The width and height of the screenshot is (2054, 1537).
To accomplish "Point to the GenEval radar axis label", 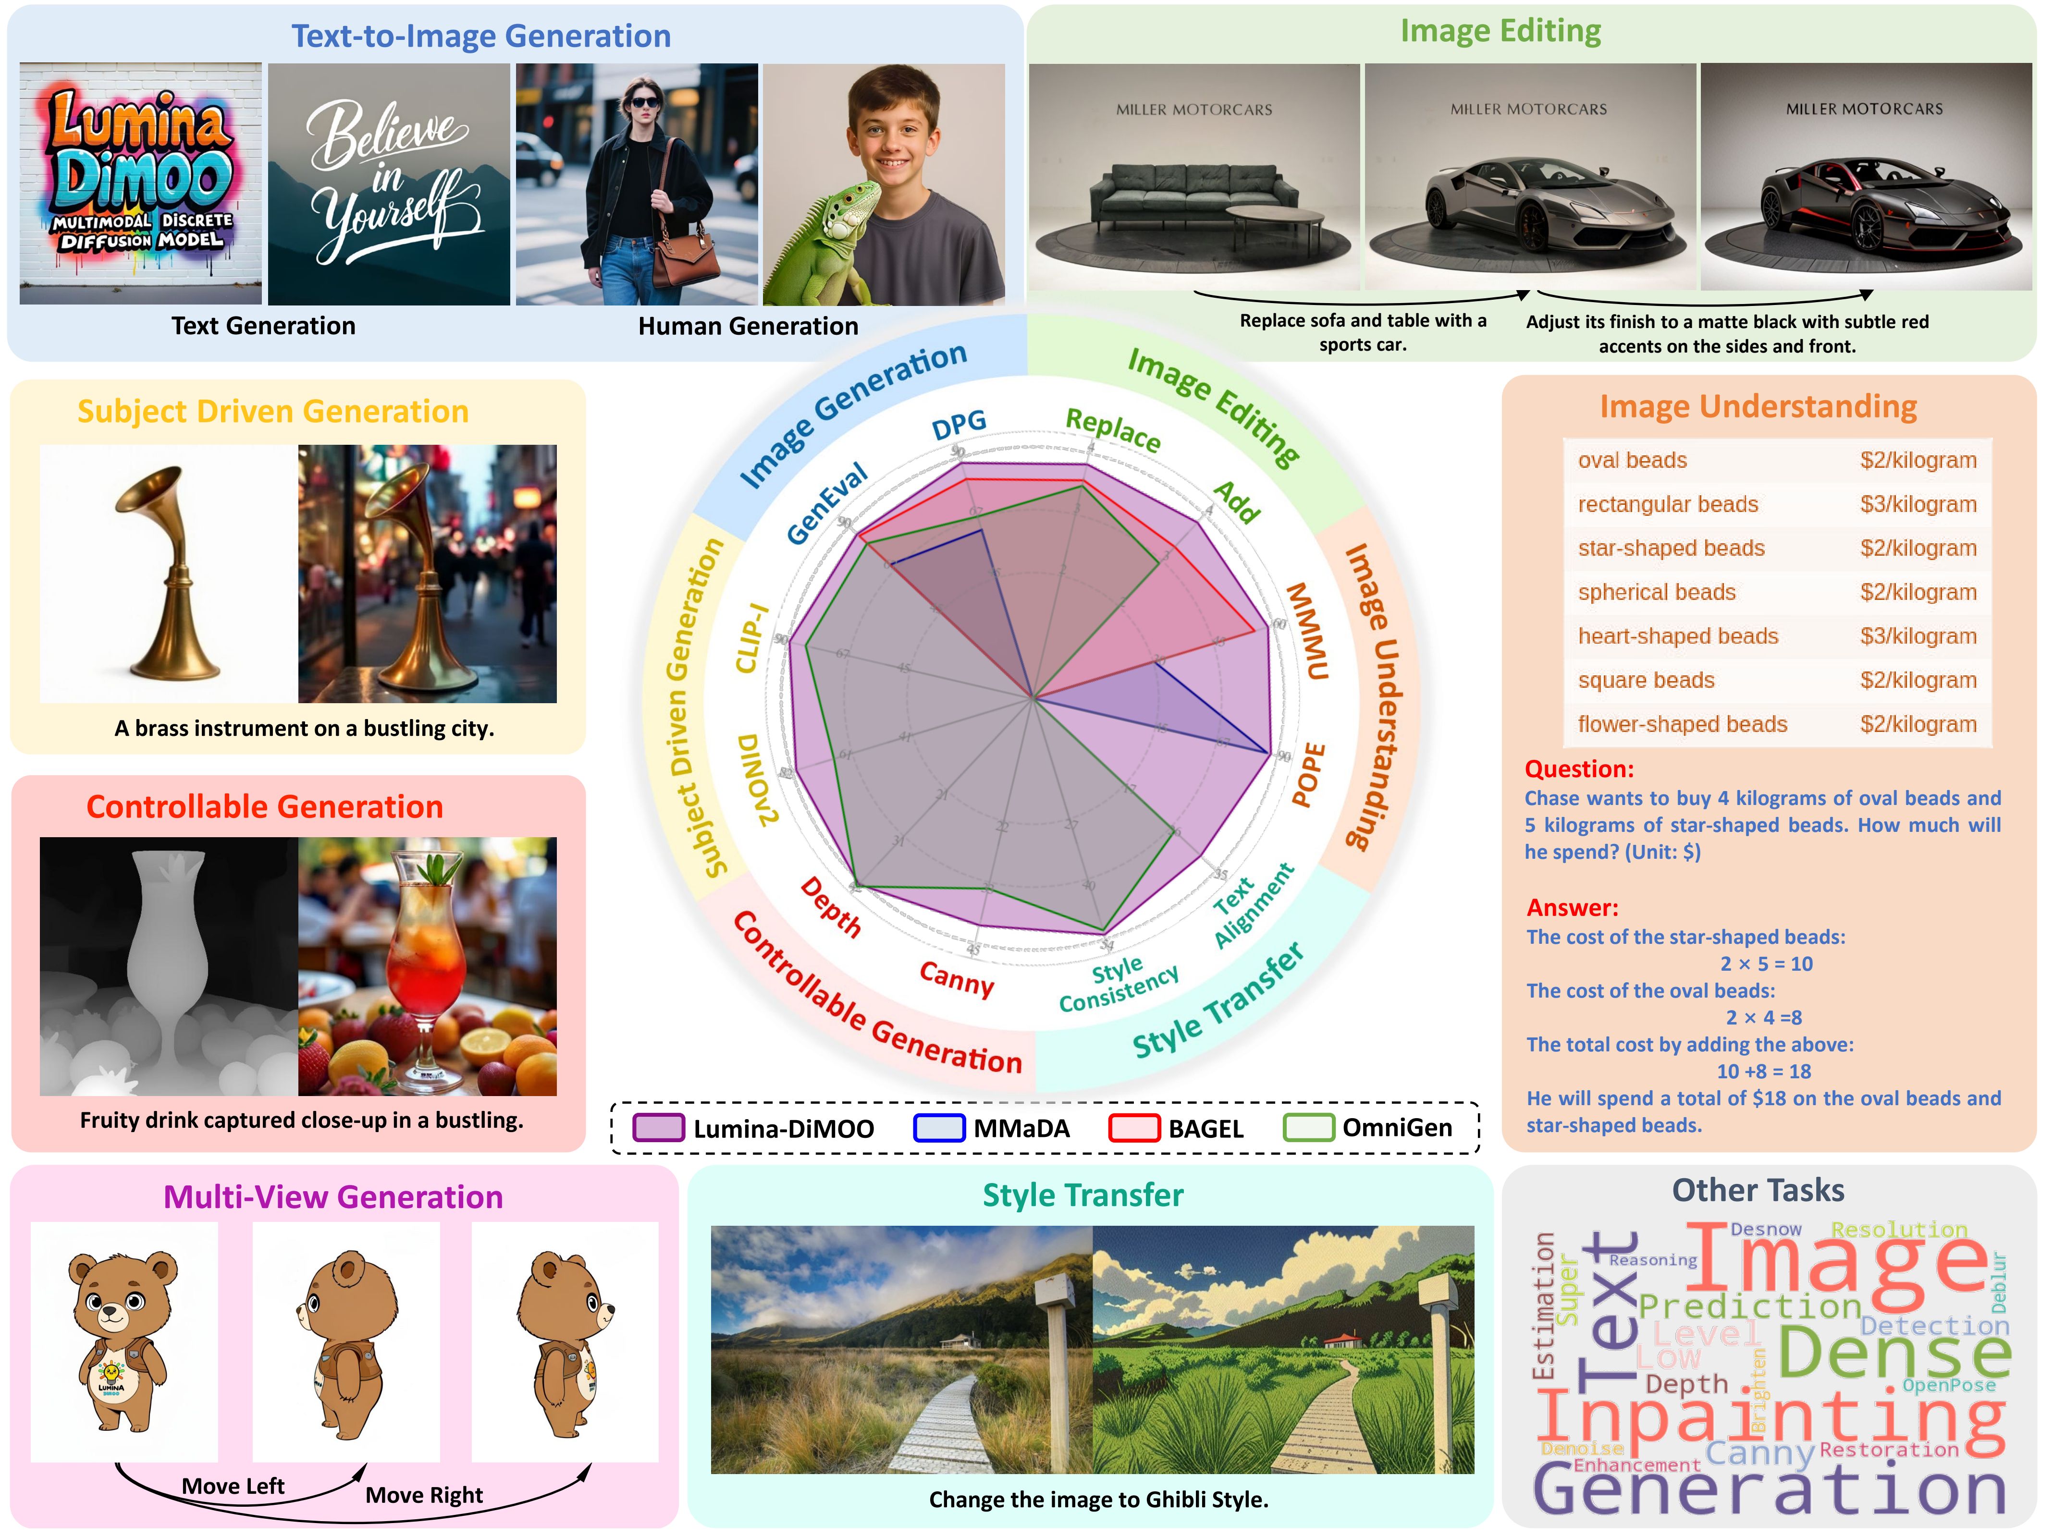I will [826, 503].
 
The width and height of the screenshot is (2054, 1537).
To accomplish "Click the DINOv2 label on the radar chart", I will [757, 780].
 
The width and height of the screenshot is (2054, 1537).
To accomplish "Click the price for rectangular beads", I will [1918, 504].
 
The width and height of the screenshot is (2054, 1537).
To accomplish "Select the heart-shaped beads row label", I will [1677, 636].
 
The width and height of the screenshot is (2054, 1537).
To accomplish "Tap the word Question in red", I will [1578, 768].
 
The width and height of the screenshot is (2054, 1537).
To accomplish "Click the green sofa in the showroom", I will [1193, 195].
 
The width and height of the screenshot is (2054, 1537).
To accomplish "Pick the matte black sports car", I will [1862, 209].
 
